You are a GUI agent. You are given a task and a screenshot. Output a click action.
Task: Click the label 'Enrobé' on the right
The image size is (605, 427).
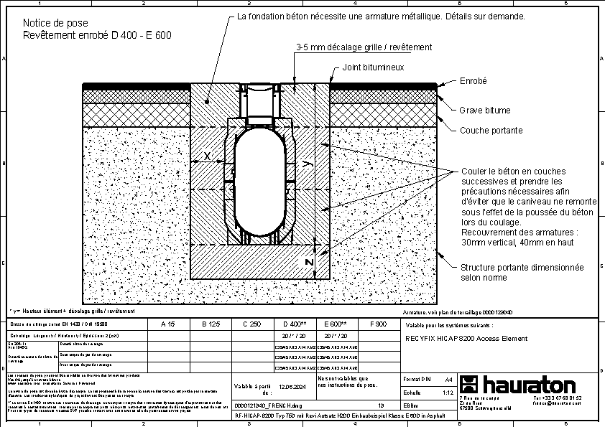474,82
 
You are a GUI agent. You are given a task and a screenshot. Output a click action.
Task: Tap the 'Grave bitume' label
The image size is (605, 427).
485,111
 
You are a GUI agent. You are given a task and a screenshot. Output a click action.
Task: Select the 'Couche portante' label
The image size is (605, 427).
491,131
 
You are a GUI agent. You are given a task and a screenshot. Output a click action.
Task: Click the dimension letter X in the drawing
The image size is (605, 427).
207,156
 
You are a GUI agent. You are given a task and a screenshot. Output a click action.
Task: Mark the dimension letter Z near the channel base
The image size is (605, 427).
308,263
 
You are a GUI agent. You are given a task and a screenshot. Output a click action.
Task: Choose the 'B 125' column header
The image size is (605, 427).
209,324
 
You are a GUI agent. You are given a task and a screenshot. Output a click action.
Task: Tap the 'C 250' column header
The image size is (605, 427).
251,324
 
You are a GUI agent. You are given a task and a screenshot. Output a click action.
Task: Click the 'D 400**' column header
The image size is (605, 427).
295,324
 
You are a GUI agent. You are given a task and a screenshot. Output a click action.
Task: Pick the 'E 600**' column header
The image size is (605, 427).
336,324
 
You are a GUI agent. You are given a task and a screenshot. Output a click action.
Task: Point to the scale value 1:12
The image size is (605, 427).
448,393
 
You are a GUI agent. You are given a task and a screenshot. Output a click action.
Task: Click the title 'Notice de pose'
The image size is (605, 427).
50,23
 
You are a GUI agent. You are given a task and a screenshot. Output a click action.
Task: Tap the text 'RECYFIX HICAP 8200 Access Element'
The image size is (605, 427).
466,338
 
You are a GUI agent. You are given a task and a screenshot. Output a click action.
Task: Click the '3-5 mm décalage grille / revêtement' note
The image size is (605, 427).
364,47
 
